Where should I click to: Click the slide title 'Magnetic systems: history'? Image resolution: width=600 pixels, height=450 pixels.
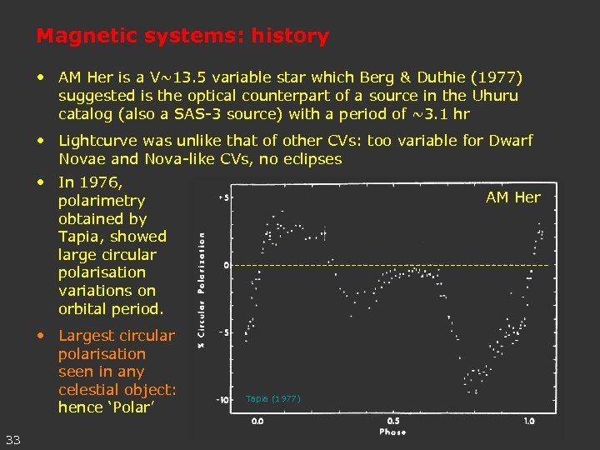[182, 37]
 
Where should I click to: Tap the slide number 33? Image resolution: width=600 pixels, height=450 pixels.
[13, 439]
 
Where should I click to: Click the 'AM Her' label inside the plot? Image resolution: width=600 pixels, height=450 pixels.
[512, 197]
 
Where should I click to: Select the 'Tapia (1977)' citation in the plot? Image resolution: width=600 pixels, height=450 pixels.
[272, 399]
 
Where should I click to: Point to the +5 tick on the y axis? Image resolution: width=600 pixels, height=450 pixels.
[223, 198]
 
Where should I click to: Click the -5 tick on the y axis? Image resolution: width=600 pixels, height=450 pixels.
[224, 332]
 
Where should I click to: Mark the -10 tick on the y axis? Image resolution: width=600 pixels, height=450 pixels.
[222, 401]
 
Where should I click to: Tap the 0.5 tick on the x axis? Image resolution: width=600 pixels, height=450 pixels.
[393, 421]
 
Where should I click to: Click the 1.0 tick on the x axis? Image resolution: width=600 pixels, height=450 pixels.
[529, 421]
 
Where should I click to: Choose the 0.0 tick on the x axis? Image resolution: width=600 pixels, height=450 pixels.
[257, 421]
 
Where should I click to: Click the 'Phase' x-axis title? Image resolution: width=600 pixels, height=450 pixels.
[393, 432]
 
